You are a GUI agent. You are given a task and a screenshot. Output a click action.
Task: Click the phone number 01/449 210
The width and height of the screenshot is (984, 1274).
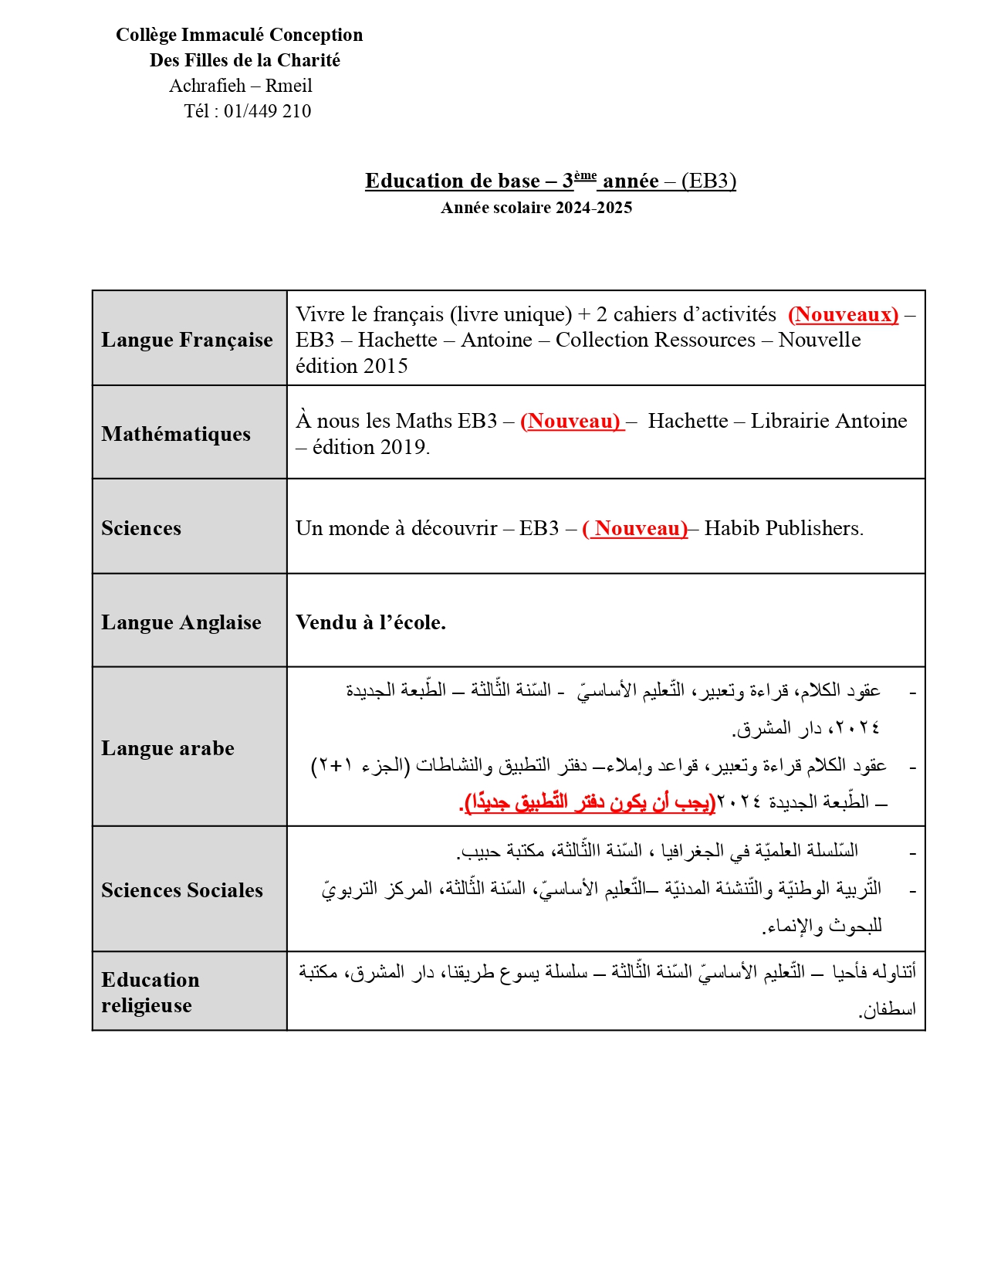(x=267, y=111)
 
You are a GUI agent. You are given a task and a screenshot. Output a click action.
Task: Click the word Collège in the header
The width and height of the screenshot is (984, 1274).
(x=145, y=35)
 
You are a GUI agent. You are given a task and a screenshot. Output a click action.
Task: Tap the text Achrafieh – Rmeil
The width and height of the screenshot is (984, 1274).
(x=241, y=86)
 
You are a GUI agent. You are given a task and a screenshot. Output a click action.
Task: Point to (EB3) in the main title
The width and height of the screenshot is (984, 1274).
(x=708, y=181)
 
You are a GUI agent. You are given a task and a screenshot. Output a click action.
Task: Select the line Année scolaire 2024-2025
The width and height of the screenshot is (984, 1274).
(x=536, y=208)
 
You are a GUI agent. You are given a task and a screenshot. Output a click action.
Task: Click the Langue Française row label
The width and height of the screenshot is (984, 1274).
(x=187, y=340)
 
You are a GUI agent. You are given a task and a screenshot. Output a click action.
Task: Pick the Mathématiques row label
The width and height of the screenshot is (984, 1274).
(x=176, y=434)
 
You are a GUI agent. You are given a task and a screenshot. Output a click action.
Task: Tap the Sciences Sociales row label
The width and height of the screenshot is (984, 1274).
(x=182, y=890)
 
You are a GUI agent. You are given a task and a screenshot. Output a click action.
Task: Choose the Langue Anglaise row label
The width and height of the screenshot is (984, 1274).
(x=181, y=622)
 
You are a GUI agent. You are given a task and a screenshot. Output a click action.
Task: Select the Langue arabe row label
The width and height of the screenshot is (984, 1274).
(x=167, y=748)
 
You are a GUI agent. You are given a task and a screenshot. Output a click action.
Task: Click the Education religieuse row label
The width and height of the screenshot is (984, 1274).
(x=150, y=992)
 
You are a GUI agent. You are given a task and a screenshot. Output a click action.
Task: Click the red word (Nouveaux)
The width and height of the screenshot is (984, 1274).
(x=843, y=314)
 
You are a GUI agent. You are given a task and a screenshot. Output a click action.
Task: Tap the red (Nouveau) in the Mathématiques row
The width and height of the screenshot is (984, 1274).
(x=571, y=421)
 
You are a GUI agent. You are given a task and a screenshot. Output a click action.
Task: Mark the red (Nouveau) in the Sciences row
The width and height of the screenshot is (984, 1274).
(x=635, y=528)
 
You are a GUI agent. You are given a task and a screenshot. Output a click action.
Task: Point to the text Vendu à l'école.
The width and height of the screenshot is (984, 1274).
(x=370, y=622)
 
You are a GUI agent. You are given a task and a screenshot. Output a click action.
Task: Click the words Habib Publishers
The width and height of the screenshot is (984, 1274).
(x=783, y=528)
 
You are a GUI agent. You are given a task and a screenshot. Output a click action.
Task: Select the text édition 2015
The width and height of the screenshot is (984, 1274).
(x=352, y=366)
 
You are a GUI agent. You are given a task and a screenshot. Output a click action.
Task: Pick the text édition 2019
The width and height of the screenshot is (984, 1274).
(x=370, y=447)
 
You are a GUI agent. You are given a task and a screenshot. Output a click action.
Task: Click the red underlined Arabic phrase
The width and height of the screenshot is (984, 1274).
(x=588, y=802)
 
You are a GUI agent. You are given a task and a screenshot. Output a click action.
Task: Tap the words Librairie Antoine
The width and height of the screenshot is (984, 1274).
(x=829, y=421)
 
